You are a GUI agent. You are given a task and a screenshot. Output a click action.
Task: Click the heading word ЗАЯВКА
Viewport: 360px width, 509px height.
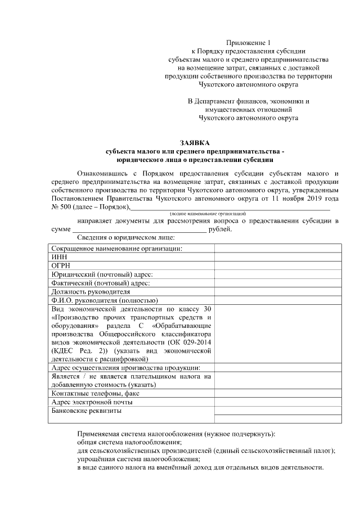[x=193, y=143]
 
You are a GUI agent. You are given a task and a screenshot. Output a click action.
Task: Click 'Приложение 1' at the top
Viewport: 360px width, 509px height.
[x=248, y=43]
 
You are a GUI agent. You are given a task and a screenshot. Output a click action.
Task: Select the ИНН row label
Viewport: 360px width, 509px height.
[x=58, y=257]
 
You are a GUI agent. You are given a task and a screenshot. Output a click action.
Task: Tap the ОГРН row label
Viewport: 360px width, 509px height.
[x=61, y=265]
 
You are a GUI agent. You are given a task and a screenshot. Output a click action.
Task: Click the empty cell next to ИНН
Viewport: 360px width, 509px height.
[x=277, y=257]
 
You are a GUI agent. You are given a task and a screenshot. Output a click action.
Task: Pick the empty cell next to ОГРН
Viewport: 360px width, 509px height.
[x=277, y=265]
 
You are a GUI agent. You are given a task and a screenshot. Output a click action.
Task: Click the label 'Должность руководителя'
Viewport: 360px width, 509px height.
[x=91, y=291]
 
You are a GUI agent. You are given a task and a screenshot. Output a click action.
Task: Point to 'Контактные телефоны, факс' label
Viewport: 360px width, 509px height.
[x=95, y=394]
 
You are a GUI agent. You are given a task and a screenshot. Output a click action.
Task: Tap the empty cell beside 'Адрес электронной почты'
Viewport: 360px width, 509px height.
[x=277, y=402]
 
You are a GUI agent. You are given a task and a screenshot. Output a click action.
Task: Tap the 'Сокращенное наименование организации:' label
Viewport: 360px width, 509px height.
[x=117, y=249]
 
